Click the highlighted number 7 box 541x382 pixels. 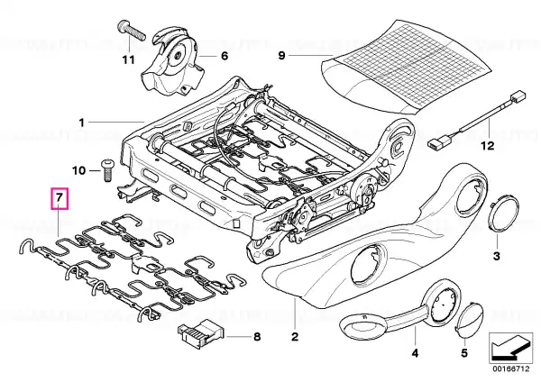coord(59,196)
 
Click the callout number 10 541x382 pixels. coord(78,169)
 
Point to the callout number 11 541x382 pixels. coord(127,60)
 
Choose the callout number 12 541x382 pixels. coord(488,144)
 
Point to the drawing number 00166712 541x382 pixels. coord(509,368)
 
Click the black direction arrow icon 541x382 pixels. coord(509,346)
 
